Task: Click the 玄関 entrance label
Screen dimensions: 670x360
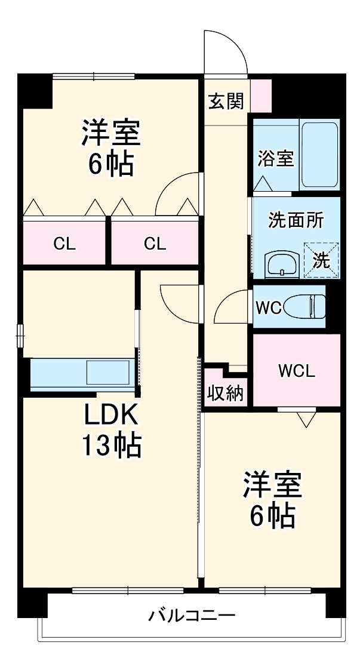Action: [226, 102]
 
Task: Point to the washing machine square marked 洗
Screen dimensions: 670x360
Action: [321, 260]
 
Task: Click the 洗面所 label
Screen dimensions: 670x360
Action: [296, 220]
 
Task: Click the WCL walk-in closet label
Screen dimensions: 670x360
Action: [296, 371]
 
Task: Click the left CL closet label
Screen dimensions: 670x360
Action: [64, 244]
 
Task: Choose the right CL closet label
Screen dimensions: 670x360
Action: [155, 244]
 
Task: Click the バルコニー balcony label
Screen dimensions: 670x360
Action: [192, 615]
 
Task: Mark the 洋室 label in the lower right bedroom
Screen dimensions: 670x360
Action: [272, 485]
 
